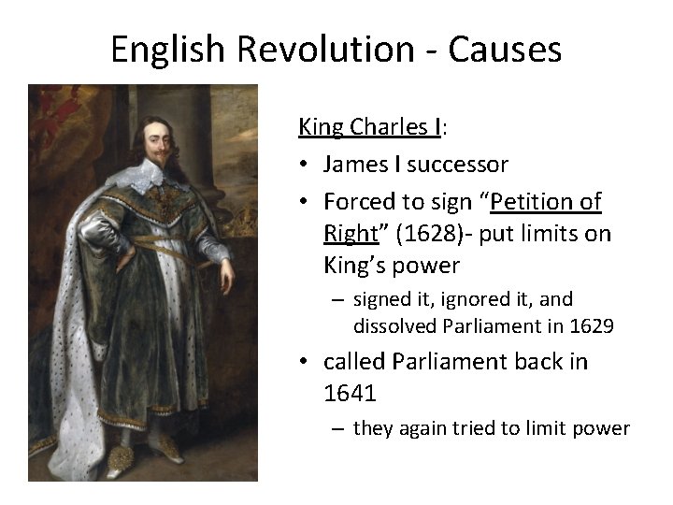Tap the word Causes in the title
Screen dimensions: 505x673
504,49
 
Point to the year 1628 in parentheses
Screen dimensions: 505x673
424,233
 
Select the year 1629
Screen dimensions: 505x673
589,326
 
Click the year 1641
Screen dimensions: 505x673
350,394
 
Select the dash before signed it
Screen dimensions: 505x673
335,300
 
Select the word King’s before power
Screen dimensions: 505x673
354,267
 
